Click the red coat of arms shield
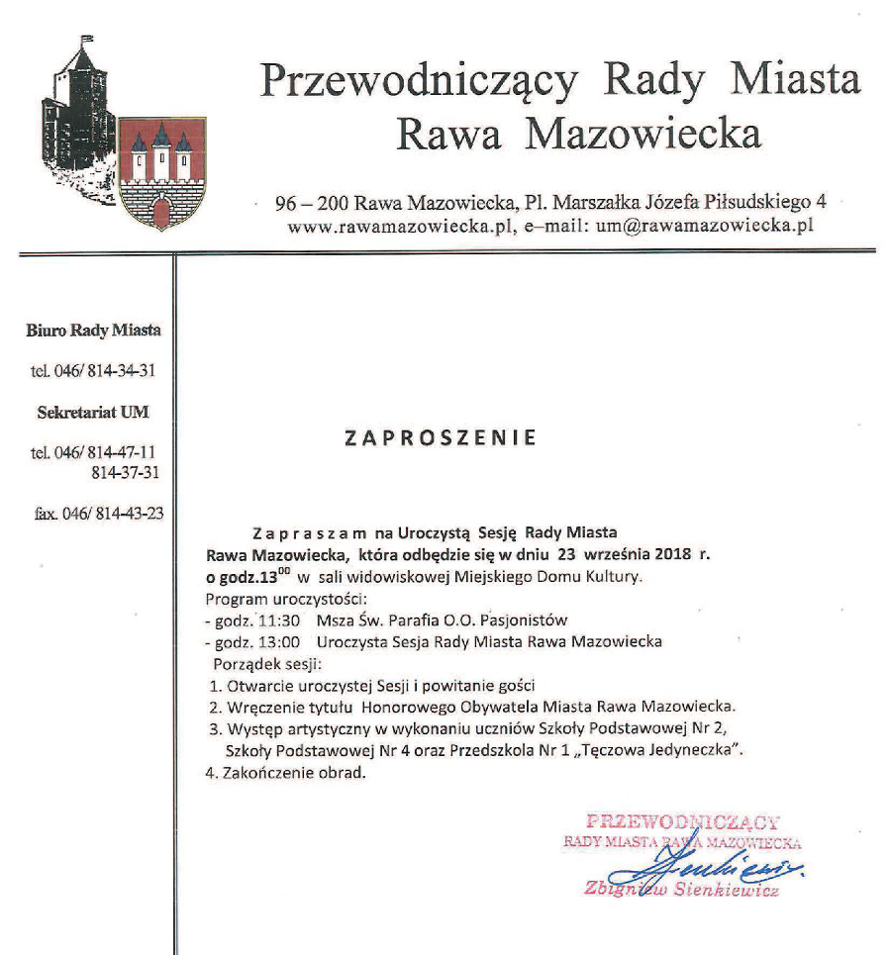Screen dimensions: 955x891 [x=161, y=175]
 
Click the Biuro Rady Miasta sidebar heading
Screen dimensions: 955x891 [x=94, y=331]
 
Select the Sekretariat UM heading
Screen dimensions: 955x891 [x=93, y=412]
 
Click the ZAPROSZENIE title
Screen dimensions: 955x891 [x=441, y=437]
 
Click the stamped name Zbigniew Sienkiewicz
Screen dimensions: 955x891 [x=683, y=889]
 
